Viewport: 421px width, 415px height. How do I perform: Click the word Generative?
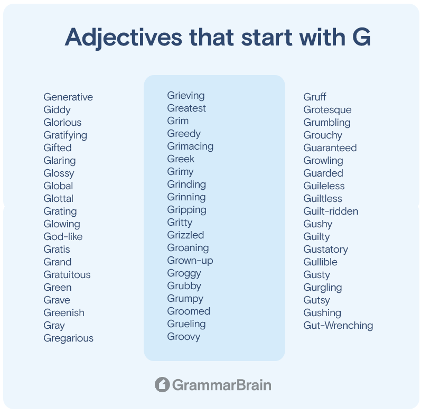[x=68, y=97]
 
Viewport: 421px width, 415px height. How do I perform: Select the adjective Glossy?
[x=59, y=173]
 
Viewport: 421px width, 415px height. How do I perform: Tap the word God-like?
[x=63, y=236]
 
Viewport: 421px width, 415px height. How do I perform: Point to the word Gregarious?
[x=69, y=338]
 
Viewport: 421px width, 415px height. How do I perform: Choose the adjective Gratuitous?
[x=67, y=275]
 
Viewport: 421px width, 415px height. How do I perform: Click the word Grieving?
[x=186, y=96]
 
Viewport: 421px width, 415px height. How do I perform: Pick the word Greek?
[x=181, y=159]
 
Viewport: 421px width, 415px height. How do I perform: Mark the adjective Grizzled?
[x=185, y=235]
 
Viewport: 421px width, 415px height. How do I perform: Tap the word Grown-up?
[x=190, y=261]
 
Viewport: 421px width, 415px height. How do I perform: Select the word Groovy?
[x=184, y=337]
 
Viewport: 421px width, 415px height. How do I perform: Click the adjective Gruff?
[x=315, y=97]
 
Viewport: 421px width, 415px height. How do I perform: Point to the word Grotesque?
[x=328, y=110]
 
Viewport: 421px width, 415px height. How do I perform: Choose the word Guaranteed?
[x=330, y=148]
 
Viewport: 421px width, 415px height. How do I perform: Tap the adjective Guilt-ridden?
[x=331, y=211]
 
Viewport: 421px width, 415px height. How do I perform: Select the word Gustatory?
[x=326, y=250]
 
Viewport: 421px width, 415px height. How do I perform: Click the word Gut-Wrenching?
[x=338, y=326]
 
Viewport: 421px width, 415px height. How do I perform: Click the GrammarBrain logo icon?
[x=162, y=385]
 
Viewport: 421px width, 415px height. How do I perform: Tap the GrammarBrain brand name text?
[x=222, y=385]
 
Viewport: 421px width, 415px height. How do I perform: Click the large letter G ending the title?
[x=362, y=37]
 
